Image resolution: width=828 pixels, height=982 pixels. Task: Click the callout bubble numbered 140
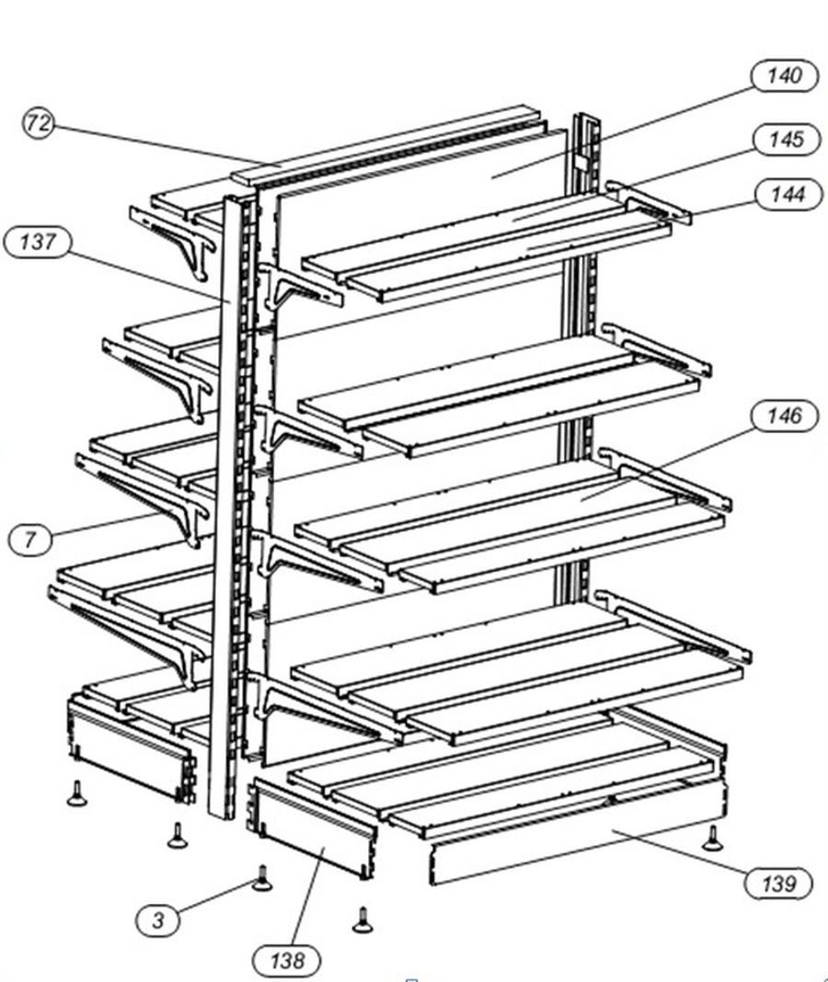(785, 75)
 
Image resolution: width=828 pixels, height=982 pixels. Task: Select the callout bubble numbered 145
(787, 139)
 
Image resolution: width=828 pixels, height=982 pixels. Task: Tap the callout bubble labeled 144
(788, 194)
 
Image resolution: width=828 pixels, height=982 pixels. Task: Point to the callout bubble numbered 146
(785, 416)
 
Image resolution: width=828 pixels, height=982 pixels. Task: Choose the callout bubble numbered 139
(779, 884)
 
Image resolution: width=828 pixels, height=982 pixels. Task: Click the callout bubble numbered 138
(287, 959)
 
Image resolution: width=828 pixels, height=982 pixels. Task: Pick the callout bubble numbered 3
(158, 920)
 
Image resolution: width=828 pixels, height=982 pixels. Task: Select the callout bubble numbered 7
(30, 539)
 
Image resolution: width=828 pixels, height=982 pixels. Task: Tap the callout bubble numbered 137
(38, 242)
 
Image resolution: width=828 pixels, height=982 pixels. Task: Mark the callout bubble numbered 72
(39, 123)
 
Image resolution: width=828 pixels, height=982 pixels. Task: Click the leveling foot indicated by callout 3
(262, 878)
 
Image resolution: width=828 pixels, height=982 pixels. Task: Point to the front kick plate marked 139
(577, 833)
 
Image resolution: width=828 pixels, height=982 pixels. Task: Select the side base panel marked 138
(315, 827)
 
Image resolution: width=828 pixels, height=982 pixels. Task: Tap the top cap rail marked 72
(385, 146)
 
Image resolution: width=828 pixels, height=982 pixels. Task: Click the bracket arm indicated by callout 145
(649, 201)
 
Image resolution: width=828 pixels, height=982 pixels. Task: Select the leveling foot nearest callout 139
(712, 838)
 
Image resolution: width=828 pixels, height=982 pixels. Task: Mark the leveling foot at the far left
(76, 794)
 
